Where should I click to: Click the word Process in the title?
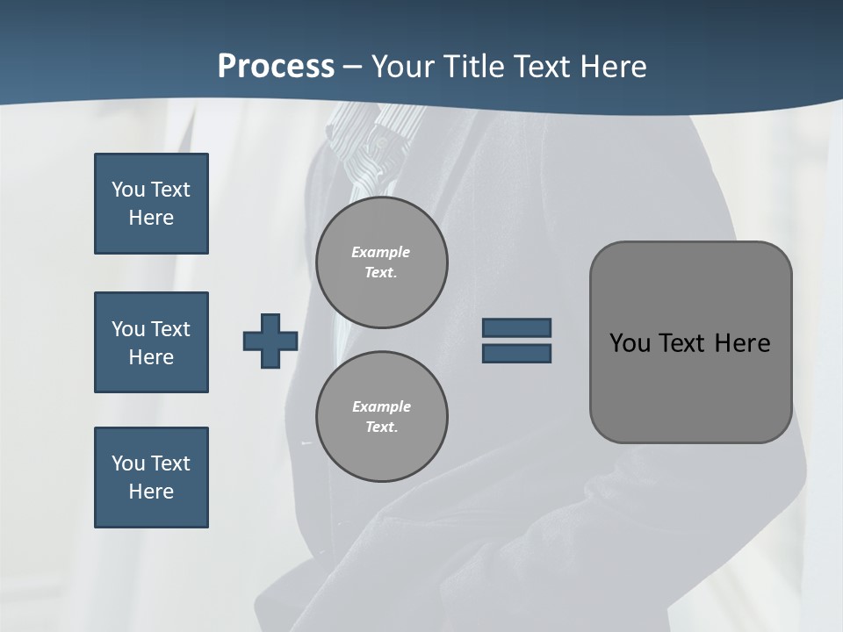(276, 67)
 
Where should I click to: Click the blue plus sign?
(270, 341)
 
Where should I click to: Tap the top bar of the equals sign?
(516, 327)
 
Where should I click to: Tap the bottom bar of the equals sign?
(516, 353)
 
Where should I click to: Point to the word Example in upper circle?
(380, 252)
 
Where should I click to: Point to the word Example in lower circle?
(381, 406)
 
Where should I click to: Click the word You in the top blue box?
(126, 190)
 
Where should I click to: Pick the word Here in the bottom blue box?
(151, 492)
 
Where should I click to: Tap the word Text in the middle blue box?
(170, 329)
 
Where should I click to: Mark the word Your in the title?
(404, 67)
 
